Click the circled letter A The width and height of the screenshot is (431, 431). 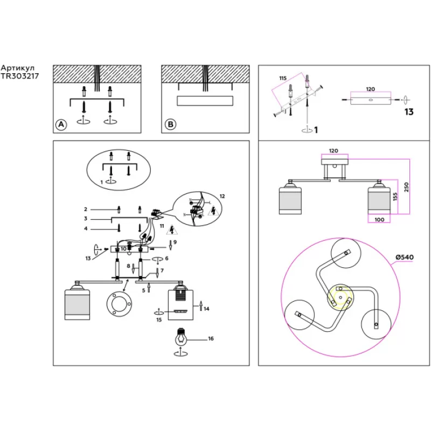point(61,124)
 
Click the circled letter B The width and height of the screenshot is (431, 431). point(170,124)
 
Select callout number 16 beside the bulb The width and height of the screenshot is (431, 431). point(211,339)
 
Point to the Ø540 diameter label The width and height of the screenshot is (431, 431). point(404,257)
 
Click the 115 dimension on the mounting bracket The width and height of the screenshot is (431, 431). point(282,79)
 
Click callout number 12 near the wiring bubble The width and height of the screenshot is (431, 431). point(223,195)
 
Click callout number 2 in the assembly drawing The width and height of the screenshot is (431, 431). point(85,208)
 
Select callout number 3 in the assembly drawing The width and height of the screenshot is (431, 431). point(85,219)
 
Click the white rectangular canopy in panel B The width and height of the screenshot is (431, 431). point(205,101)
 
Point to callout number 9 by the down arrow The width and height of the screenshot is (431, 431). point(176,242)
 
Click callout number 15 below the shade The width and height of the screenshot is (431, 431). point(158,320)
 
